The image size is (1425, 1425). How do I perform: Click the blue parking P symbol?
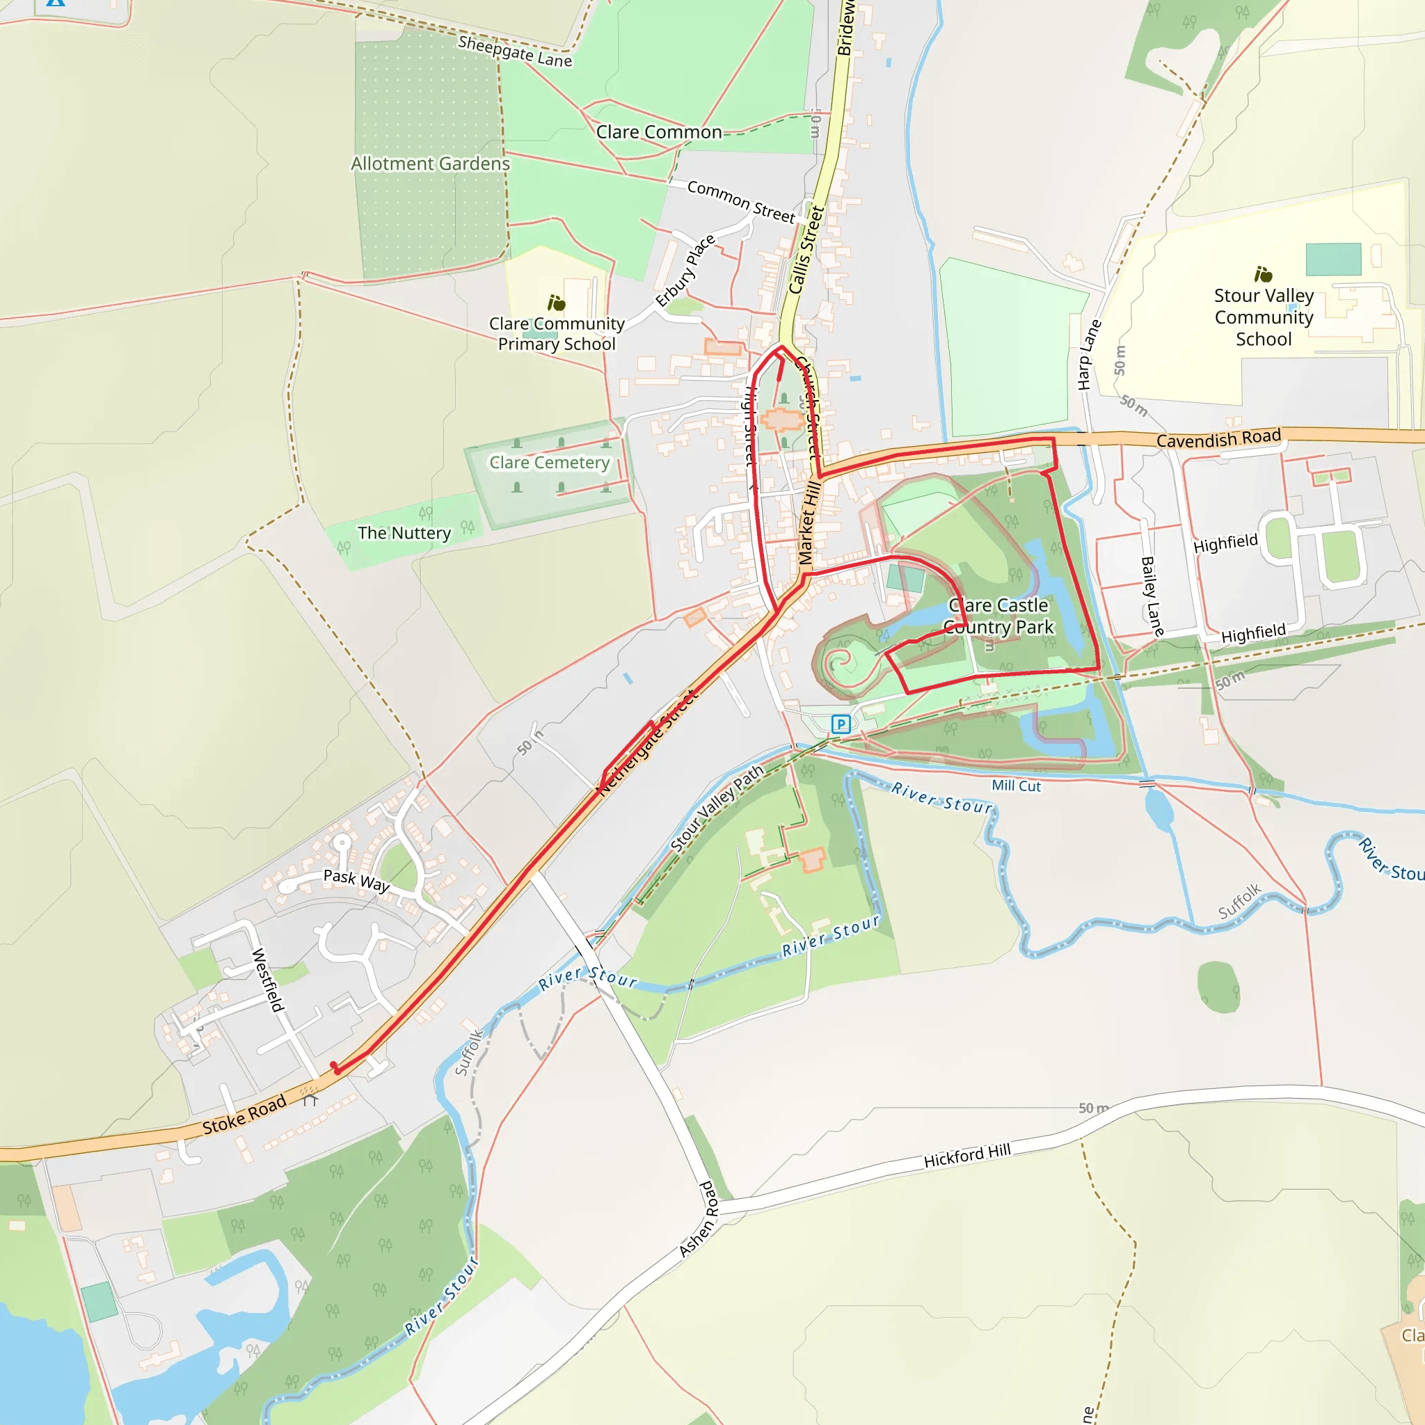click(x=840, y=724)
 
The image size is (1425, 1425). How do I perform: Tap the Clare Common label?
click(x=659, y=132)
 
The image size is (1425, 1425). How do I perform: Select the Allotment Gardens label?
click(x=430, y=164)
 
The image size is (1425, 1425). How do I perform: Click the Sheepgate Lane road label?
click(x=515, y=51)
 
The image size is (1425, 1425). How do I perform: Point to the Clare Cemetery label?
click(x=550, y=463)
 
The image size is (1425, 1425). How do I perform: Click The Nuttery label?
click(x=404, y=532)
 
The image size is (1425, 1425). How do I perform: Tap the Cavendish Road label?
click(x=1218, y=439)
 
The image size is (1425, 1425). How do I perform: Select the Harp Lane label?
click(x=1089, y=355)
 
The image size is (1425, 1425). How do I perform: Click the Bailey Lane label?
click(x=1152, y=597)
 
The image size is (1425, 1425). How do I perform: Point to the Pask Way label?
click(x=356, y=881)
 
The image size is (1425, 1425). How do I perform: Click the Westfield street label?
click(x=267, y=980)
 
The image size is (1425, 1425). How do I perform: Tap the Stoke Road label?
click(x=244, y=1115)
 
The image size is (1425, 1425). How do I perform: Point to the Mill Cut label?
click(x=1016, y=786)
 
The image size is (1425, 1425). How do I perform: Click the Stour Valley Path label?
click(x=716, y=809)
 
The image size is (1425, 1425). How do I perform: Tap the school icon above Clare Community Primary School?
click(x=556, y=303)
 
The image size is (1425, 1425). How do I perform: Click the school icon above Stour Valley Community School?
click(x=1264, y=274)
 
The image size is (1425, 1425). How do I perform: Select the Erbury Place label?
click(x=685, y=270)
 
